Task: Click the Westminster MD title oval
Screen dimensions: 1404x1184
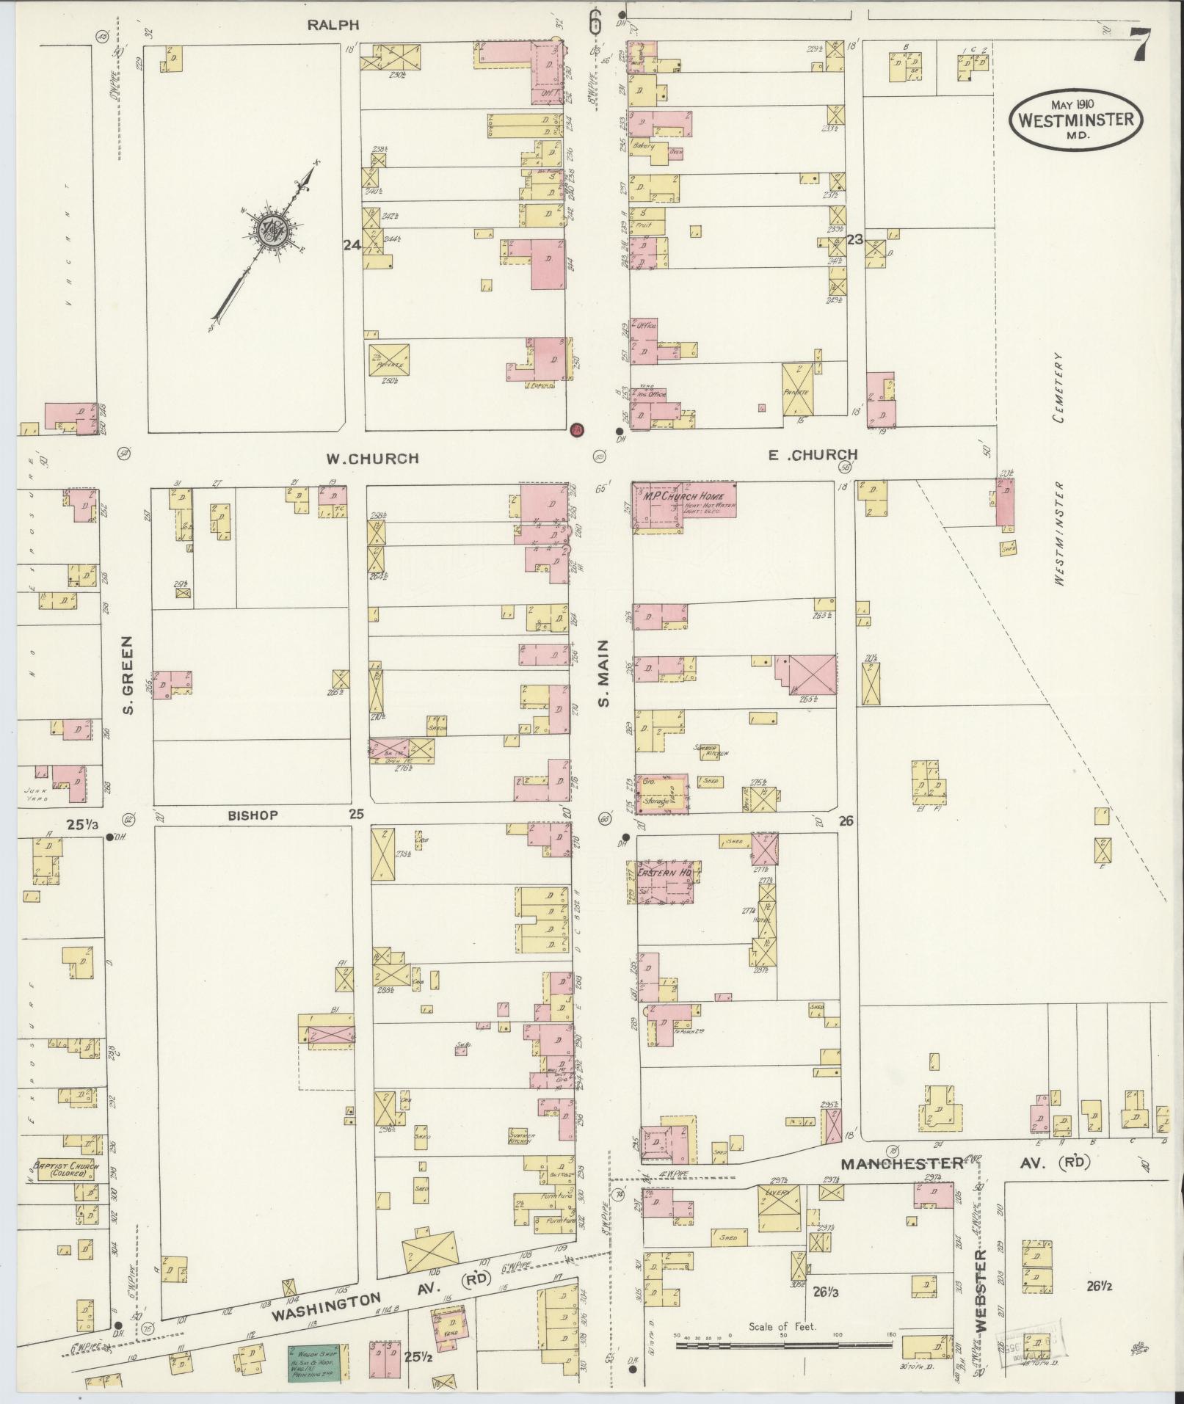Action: (x=1076, y=119)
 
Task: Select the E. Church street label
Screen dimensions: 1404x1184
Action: (x=813, y=455)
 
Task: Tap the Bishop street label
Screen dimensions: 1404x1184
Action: (x=253, y=815)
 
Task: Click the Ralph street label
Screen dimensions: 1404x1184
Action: (x=333, y=25)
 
